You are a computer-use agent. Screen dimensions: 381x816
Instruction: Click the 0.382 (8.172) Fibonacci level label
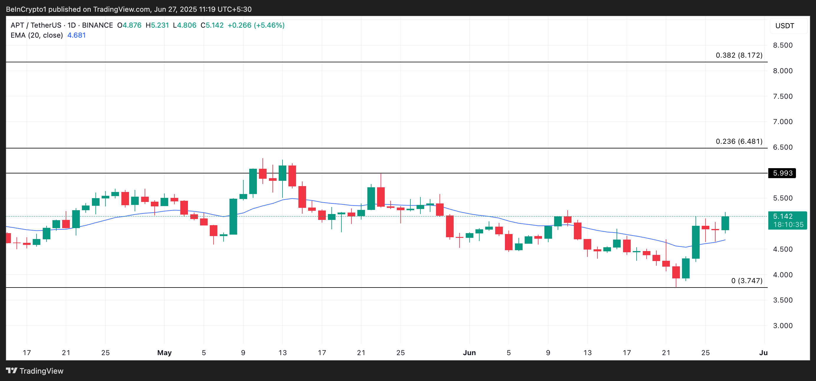739,55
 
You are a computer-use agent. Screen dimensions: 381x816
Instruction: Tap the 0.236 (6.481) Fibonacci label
739,141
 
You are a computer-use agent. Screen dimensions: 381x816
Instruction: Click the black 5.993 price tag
782,173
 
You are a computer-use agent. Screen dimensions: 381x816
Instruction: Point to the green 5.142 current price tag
787,220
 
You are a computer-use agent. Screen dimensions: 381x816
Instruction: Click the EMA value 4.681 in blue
76,35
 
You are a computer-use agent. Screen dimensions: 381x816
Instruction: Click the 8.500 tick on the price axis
782,45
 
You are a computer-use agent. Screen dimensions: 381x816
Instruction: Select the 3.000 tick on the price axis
782,326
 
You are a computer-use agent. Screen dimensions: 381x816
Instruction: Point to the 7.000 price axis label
782,122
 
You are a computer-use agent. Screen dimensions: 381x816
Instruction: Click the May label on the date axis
164,352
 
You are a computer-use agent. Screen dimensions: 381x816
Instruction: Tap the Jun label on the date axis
469,352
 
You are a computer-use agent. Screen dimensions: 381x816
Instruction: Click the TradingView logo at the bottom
34,371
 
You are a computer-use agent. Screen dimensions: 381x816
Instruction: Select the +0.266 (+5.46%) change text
256,25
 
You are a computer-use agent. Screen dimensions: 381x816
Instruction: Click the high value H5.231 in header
157,25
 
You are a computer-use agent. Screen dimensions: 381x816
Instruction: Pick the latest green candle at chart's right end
725,223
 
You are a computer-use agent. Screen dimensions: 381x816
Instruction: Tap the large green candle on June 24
696,242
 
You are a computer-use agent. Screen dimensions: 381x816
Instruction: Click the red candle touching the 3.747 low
676,273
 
